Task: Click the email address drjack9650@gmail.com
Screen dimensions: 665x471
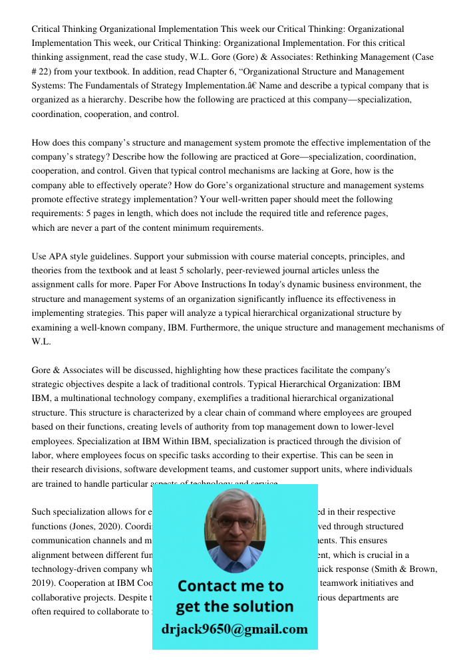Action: [234, 629]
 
